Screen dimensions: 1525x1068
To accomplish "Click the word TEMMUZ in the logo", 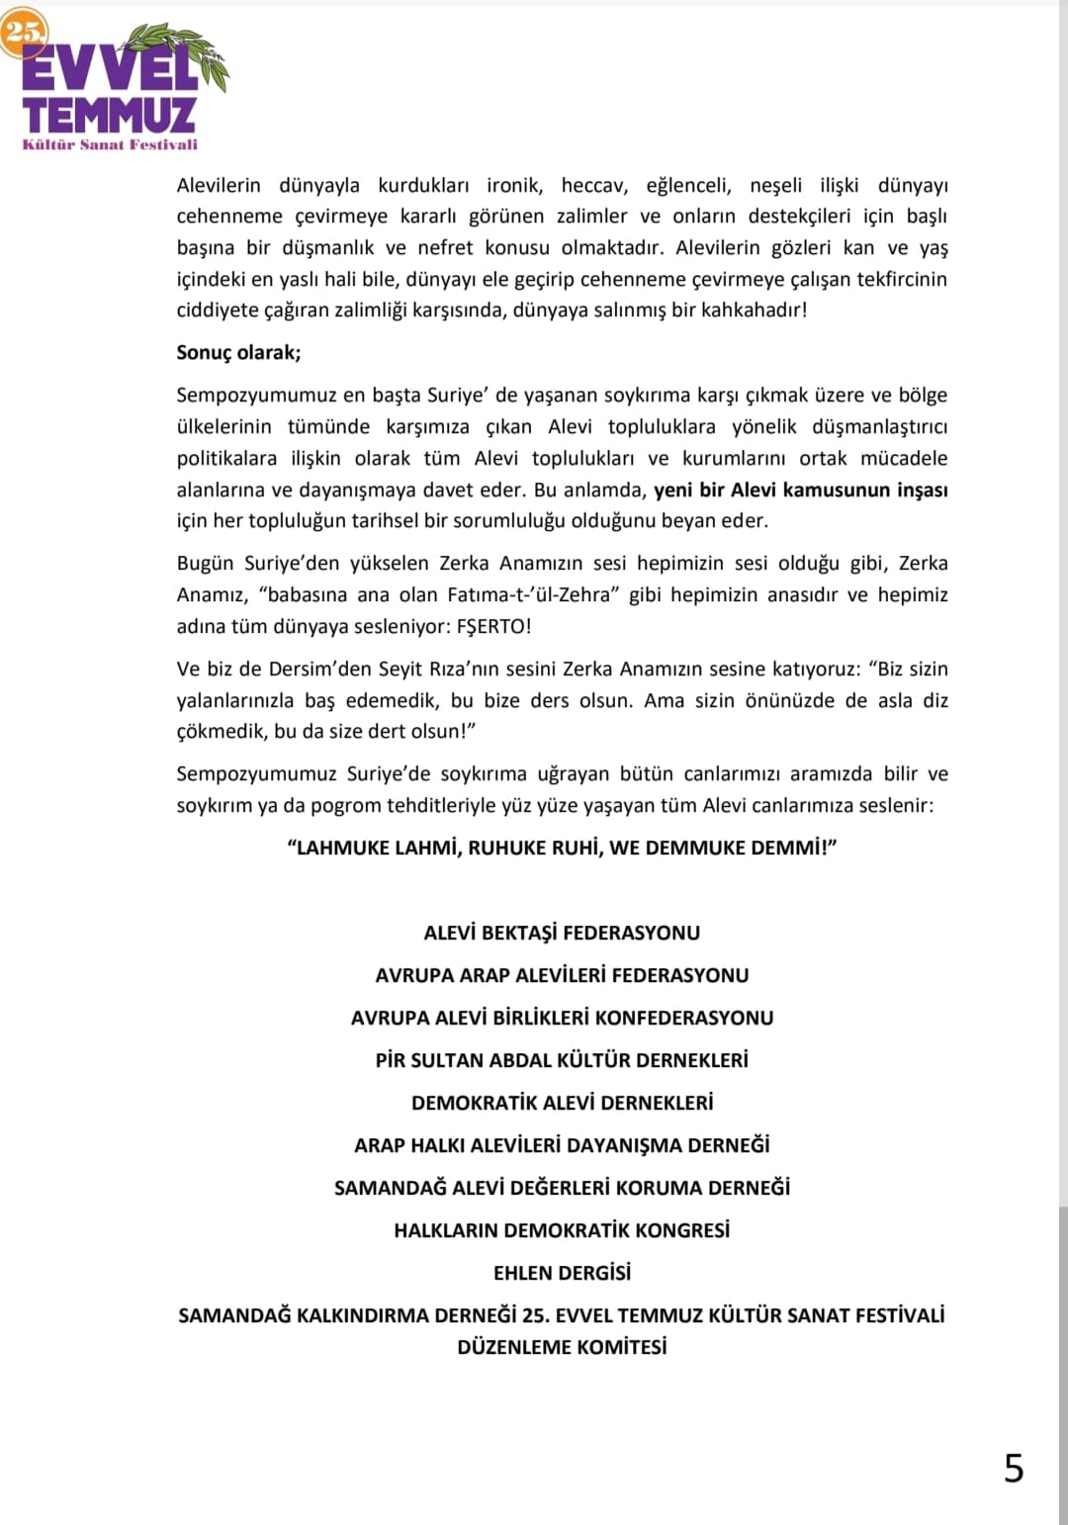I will pyautogui.click(x=109, y=116).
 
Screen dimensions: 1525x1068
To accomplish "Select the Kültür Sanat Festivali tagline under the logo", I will pyautogui.click(x=110, y=144).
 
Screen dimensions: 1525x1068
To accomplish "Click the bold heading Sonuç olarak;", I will pyautogui.click(x=238, y=352).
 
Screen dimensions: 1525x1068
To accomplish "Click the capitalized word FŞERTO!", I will pyautogui.click(x=493, y=626).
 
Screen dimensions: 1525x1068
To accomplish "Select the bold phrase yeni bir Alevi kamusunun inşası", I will pyautogui.click(x=800, y=490).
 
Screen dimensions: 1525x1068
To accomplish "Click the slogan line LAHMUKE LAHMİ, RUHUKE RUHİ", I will pyautogui.click(x=562, y=848).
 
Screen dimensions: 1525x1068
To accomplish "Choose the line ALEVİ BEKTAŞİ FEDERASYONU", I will pyautogui.click(x=562, y=933).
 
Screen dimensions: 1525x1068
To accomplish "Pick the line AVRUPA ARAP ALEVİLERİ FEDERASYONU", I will pyautogui.click(x=562, y=975).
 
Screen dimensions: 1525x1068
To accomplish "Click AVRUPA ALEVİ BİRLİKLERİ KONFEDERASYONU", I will pyautogui.click(x=562, y=1018).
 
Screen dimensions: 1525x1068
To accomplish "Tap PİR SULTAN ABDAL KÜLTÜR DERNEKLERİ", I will pyautogui.click(x=562, y=1060).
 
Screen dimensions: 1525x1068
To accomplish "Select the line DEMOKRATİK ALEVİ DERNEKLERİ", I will pyautogui.click(x=562, y=1103).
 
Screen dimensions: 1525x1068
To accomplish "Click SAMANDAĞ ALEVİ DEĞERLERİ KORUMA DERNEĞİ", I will pyautogui.click(x=562, y=1188).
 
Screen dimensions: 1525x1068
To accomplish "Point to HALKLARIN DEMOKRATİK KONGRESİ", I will pyautogui.click(x=562, y=1230).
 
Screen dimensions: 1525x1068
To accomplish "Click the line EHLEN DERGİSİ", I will pyautogui.click(x=562, y=1273).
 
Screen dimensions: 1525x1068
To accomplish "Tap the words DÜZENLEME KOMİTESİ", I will pyautogui.click(x=562, y=1347).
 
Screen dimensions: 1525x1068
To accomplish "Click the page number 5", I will pyautogui.click(x=1014, y=1469).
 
